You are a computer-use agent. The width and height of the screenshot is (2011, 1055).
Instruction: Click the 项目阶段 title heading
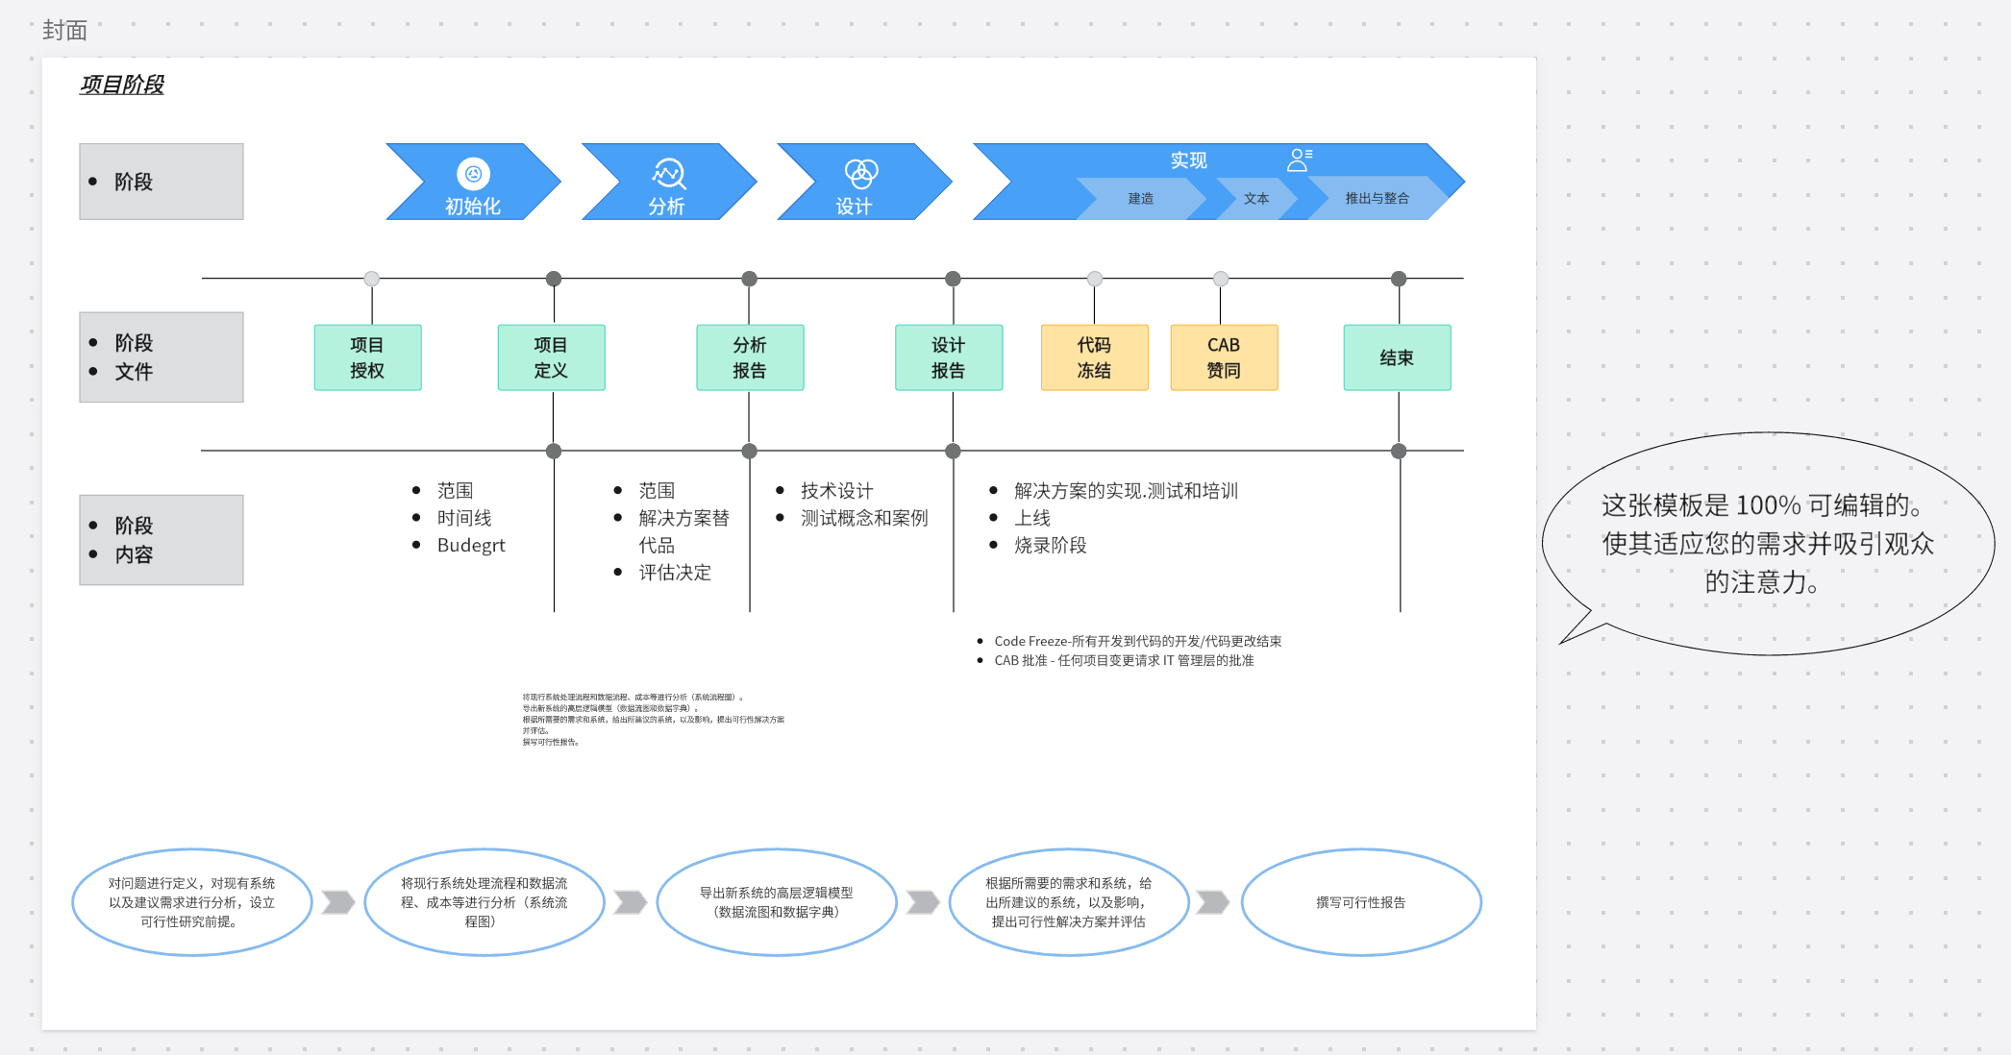point(121,85)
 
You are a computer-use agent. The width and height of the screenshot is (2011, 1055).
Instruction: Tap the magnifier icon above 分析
point(669,173)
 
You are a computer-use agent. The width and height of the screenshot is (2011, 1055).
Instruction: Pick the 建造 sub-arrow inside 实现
point(1141,199)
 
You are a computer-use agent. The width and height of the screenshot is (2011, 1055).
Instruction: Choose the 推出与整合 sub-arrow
point(1377,199)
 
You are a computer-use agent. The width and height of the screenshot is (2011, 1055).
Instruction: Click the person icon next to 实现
point(1299,159)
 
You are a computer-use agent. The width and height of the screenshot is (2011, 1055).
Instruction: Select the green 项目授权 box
point(367,357)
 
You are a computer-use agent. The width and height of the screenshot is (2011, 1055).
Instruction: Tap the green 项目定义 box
point(551,357)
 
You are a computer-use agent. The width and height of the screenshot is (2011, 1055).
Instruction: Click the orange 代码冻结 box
point(1094,357)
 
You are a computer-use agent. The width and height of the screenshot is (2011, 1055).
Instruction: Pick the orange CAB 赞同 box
point(1224,357)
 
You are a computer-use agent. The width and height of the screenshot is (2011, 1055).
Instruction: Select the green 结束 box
point(1397,357)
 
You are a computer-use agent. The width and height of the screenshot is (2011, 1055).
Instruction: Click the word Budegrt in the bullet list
point(470,545)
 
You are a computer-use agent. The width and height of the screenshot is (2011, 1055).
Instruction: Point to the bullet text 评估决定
point(675,573)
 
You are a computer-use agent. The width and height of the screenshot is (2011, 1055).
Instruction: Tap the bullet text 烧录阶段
point(1050,545)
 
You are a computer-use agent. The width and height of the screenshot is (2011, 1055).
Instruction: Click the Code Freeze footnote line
point(1137,641)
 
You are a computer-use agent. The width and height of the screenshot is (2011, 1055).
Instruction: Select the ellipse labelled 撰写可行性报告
point(1361,902)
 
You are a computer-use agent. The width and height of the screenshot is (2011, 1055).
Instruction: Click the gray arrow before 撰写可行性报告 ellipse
point(1213,902)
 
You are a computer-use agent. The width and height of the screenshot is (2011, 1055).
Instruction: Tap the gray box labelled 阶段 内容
point(161,540)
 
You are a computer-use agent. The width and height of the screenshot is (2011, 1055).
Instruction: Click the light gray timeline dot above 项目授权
point(372,279)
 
